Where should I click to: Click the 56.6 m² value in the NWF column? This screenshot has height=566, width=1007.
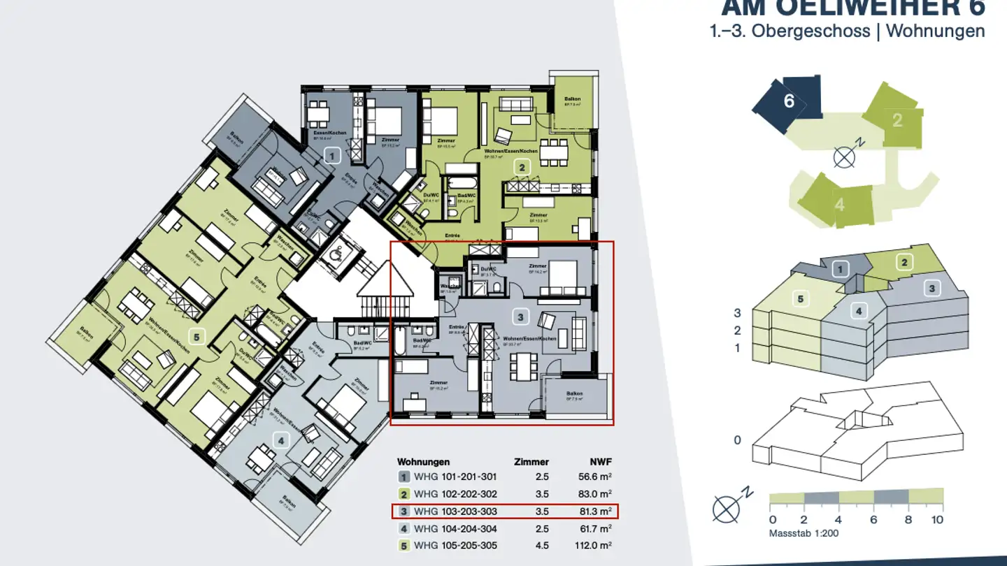click(x=597, y=477)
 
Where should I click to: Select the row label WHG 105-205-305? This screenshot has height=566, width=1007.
click(x=455, y=545)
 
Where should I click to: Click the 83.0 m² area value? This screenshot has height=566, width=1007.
click(x=597, y=494)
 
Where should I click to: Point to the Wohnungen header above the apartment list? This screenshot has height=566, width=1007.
click(x=423, y=462)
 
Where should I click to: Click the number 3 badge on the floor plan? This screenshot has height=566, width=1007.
click(x=520, y=317)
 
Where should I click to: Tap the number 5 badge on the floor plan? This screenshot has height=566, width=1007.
click(x=197, y=338)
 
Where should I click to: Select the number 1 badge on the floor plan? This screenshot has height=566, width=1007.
click(x=333, y=154)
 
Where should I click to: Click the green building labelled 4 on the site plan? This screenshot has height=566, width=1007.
click(x=838, y=201)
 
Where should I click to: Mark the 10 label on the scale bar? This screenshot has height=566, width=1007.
click(x=937, y=520)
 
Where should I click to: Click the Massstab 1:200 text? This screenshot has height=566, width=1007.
click(x=804, y=533)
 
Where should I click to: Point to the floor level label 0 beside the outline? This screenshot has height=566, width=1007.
click(x=737, y=440)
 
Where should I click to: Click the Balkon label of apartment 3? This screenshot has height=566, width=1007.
click(x=575, y=394)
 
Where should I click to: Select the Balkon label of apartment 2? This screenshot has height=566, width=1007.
click(x=572, y=99)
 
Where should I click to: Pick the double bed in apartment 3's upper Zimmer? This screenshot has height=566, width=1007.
click(x=562, y=277)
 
